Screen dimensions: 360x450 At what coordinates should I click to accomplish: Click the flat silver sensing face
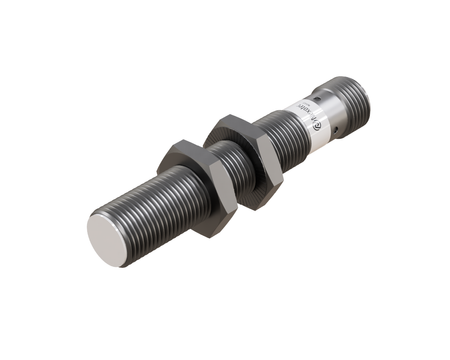[x=111, y=239]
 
